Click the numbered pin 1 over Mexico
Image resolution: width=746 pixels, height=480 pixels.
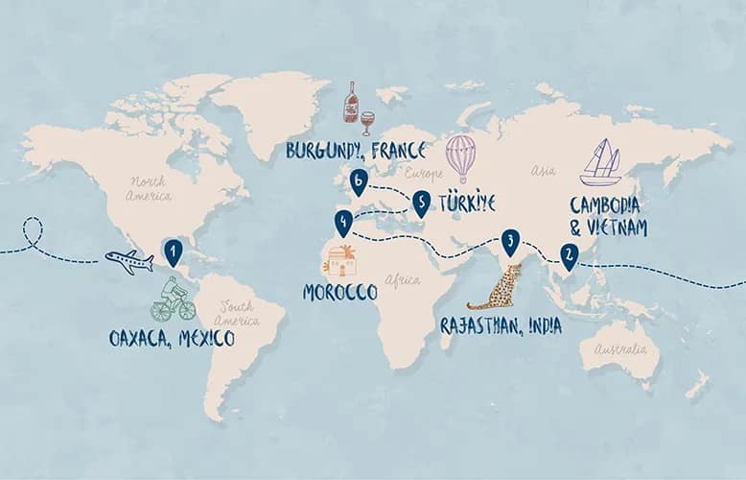[174, 252]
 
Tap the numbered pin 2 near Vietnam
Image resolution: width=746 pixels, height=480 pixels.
[569, 254]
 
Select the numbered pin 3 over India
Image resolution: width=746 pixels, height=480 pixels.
[511, 240]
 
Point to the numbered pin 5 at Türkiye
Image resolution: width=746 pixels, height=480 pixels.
[420, 202]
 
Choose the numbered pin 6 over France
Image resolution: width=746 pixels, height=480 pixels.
[359, 180]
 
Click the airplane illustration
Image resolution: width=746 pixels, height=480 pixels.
[128, 260]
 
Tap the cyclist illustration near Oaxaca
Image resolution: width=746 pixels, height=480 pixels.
[173, 300]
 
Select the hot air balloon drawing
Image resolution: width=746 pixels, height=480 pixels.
[461, 158]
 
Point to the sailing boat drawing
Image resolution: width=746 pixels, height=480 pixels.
[600, 162]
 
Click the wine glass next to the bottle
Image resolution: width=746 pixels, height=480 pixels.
[367, 121]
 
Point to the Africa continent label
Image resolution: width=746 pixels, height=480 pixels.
[403, 280]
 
